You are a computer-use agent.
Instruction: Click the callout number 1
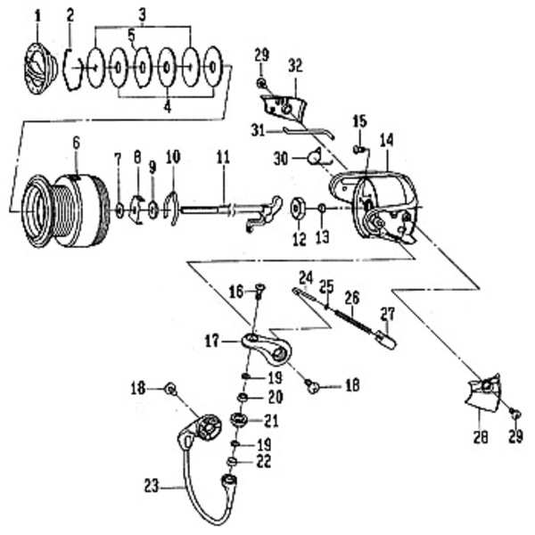coord(37,15)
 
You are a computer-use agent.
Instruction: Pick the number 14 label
coord(386,139)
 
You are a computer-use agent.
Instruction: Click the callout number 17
coord(210,339)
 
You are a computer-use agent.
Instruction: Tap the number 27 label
coord(386,313)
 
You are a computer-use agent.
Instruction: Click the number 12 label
coord(300,238)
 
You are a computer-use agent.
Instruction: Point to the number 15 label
coord(358,121)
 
